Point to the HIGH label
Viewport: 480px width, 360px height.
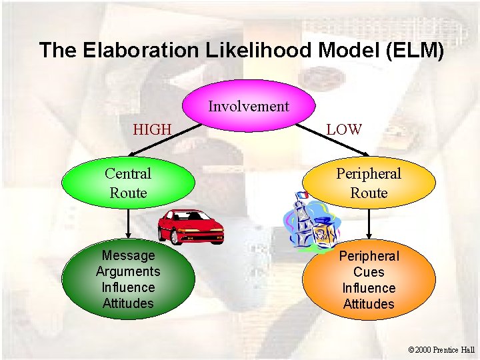(152, 129)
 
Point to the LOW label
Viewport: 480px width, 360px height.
(344, 129)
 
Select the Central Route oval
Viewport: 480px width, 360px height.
(128, 183)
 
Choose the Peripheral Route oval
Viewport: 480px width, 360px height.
(369, 183)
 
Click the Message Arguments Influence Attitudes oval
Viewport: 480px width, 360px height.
(128, 279)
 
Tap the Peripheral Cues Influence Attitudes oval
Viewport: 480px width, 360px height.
(369, 280)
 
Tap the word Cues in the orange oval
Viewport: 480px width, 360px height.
(369, 272)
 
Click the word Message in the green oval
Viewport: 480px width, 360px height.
(128, 255)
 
